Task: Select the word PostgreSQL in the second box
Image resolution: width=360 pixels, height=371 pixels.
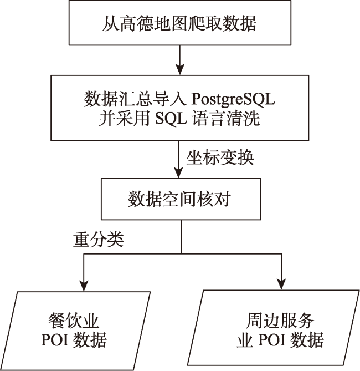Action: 234,100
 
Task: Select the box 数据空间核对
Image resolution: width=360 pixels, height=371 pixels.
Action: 181,199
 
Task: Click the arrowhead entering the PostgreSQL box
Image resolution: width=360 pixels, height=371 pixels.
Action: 180,70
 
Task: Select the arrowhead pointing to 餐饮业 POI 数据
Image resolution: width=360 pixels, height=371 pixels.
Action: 83,283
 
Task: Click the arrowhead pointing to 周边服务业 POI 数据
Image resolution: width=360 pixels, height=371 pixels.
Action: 281,283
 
